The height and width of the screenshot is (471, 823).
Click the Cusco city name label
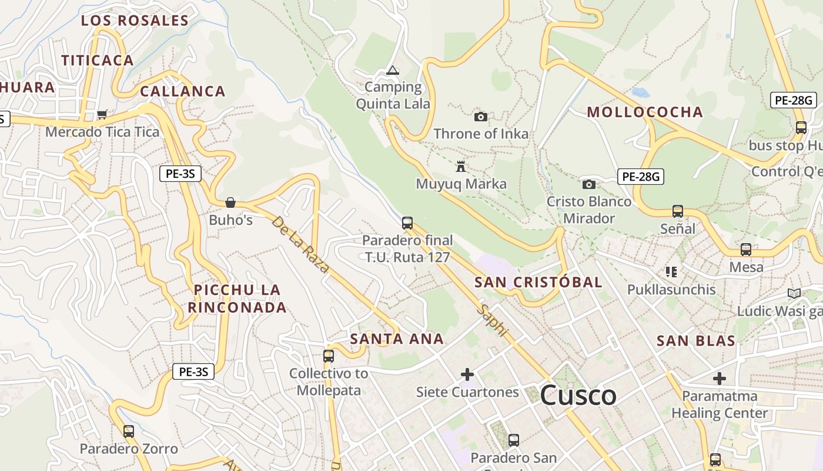pos(578,395)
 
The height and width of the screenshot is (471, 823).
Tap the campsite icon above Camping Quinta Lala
pos(392,71)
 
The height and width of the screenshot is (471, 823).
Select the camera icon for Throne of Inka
pos(481,117)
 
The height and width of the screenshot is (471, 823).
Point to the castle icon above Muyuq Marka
pos(461,167)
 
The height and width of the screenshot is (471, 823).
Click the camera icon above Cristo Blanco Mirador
pos(588,184)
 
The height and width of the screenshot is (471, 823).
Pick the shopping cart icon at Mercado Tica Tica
pos(102,114)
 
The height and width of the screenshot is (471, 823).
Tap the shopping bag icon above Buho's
pos(230,203)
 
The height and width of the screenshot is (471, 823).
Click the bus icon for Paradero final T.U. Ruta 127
pos(407,223)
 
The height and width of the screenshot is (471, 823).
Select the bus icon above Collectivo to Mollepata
pos(329,356)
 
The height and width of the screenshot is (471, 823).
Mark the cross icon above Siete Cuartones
pos(467,374)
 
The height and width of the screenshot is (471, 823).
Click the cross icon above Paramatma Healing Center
pos(720,378)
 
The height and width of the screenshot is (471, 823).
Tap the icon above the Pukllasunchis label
pos(671,272)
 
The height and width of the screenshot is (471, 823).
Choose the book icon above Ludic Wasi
pos(794,293)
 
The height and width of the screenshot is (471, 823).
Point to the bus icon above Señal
pos(678,211)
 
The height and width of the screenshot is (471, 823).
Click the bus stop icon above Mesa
pos(746,250)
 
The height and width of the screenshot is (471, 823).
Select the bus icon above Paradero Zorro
pos(129,432)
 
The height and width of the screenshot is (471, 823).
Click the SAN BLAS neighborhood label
pos(696,341)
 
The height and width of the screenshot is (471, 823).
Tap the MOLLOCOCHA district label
pos(645,112)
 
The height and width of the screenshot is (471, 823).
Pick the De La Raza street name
pos(300,245)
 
